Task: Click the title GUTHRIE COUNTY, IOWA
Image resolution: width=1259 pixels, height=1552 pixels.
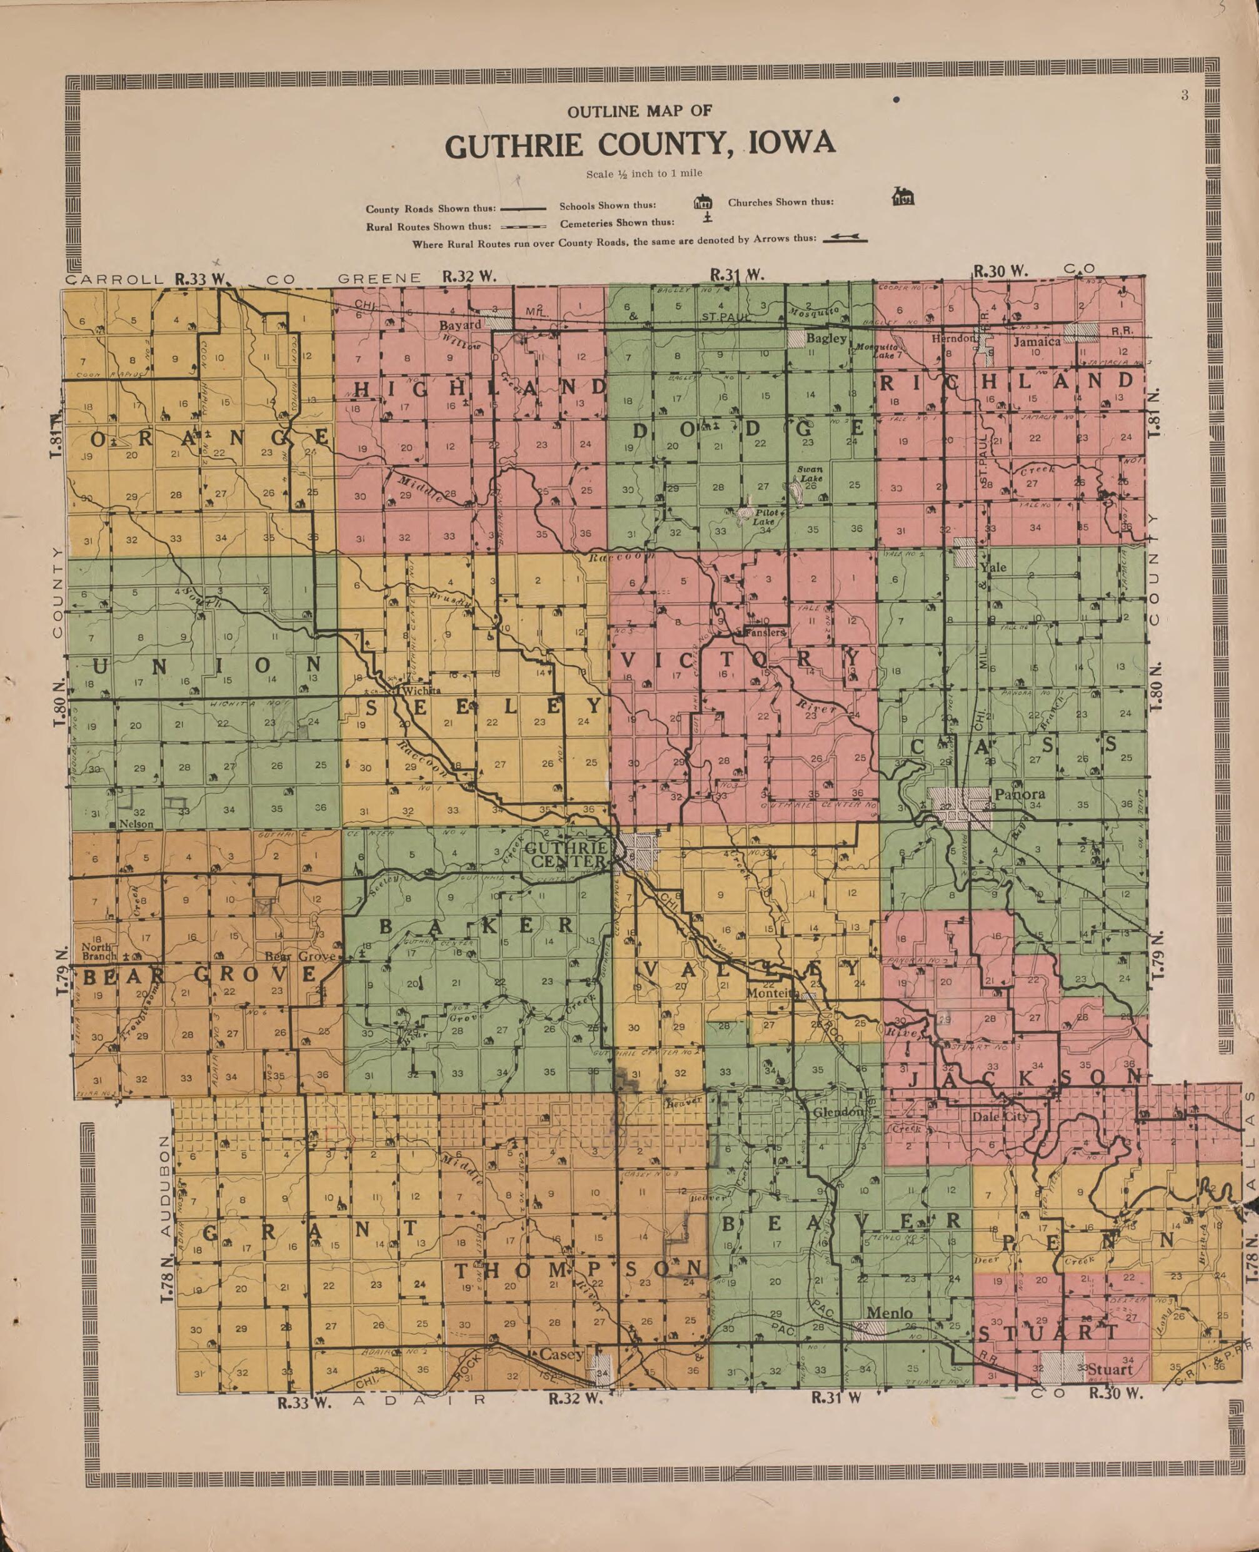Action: [x=640, y=145]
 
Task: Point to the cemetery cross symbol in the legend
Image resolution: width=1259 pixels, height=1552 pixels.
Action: [x=707, y=217]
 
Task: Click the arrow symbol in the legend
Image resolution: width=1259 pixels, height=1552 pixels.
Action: [x=845, y=238]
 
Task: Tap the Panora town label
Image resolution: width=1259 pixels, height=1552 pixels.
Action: [x=1019, y=794]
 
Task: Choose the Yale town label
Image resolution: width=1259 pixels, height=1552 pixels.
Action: [x=993, y=567]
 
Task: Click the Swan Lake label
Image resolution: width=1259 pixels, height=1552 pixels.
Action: [x=810, y=474]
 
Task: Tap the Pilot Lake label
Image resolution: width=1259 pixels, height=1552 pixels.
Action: [x=766, y=517]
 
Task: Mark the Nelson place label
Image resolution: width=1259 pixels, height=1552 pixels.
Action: [x=136, y=824]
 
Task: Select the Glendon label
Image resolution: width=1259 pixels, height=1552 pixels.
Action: [x=838, y=1112]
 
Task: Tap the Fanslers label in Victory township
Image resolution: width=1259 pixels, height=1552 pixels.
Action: [x=765, y=632]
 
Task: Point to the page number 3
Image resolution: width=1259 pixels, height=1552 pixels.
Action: [x=1185, y=96]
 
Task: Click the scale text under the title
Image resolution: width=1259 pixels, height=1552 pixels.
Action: [x=643, y=173]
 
